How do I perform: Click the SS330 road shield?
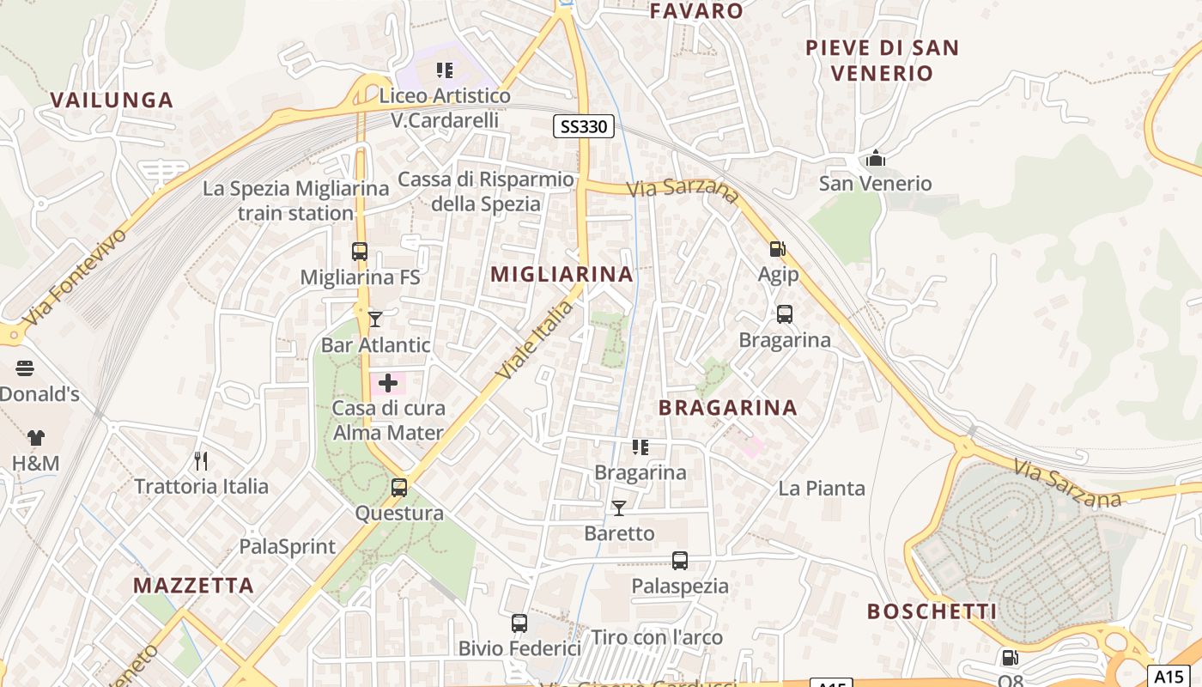pos(583,127)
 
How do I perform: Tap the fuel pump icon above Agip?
pos(777,249)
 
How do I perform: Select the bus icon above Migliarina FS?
pos(360,252)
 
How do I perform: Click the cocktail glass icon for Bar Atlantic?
pos(375,319)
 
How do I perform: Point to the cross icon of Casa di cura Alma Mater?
pos(388,383)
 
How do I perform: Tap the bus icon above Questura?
pos(399,488)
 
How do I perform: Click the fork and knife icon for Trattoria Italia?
pos(201,461)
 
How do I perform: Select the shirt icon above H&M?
pos(35,438)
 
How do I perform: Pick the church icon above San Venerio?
pos(876,158)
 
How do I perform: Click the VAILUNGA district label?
pos(112,100)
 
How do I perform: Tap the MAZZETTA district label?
pos(193,586)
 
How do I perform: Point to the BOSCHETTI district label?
pos(932,611)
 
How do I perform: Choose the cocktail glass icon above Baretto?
pos(618,508)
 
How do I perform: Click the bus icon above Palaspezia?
pos(680,561)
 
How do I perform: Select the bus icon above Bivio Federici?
pos(519,623)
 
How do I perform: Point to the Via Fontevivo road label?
pos(76,277)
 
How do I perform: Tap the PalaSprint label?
pos(288,546)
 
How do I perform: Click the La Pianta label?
pos(822,489)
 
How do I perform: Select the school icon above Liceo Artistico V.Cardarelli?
pos(445,70)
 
